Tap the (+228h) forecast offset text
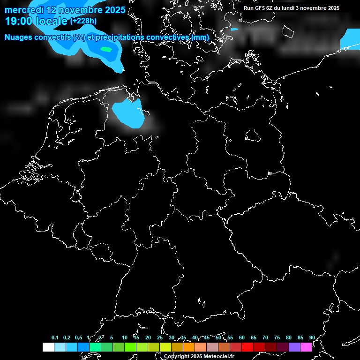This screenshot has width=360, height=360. [83, 21]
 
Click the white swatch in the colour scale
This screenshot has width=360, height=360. [48, 347]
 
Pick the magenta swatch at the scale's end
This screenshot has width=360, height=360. [306, 347]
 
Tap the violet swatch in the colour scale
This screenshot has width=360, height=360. [294, 347]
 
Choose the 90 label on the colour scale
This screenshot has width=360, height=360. [312, 337]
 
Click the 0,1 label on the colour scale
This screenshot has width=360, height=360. [55, 337]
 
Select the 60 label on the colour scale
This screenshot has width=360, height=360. [241, 337]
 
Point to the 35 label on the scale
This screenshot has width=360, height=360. [183, 337]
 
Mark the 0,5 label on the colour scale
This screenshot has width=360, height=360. [78, 337]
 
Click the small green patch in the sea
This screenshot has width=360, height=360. [106, 49]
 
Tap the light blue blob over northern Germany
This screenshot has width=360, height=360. [127, 113]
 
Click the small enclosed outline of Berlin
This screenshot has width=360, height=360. [253, 136]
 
